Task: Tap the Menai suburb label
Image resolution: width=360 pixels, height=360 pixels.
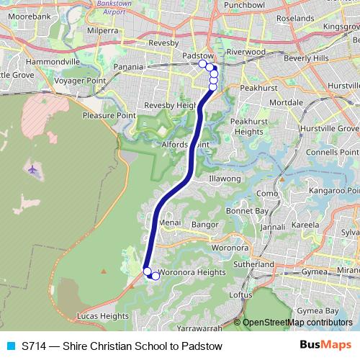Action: click(x=169, y=224)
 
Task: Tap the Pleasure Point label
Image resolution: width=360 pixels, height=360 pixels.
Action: click(x=109, y=114)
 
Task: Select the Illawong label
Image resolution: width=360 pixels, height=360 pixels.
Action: click(x=224, y=179)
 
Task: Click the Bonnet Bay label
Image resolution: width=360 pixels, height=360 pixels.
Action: click(x=248, y=210)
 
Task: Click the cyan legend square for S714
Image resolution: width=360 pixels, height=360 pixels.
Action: click(x=10, y=346)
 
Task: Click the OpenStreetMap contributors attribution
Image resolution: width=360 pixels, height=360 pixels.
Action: click(x=297, y=322)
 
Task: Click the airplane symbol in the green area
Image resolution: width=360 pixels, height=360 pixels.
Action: click(x=33, y=170)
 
